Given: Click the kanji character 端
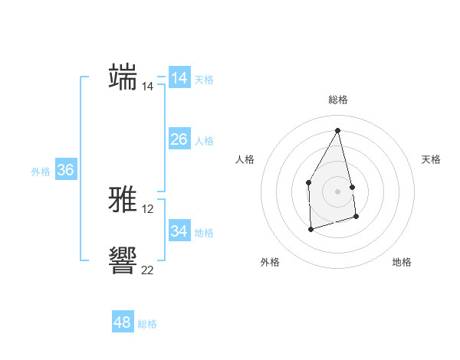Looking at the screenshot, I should click(x=123, y=77).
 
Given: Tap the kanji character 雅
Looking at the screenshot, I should click(x=123, y=201).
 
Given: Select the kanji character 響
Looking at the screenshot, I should click(x=123, y=260).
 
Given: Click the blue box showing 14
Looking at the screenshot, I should click(x=179, y=78).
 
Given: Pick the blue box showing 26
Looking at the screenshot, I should click(x=179, y=139).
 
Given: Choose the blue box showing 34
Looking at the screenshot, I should click(x=179, y=231).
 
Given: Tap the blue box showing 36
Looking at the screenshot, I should click(x=66, y=170).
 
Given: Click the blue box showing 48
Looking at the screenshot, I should click(x=123, y=322).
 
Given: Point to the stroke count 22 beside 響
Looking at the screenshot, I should click(x=148, y=270).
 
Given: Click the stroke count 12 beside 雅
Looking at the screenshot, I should click(x=148, y=209).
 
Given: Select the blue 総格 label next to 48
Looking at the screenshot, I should click(x=147, y=324).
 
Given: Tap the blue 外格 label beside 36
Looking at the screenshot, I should click(x=41, y=172).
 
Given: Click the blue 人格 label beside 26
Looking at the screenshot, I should click(x=204, y=141).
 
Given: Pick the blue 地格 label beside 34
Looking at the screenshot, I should click(x=204, y=233).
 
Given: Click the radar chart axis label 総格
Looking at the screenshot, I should click(x=338, y=100).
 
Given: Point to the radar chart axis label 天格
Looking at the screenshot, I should click(x=431, y=159).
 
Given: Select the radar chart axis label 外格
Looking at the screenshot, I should click(x=270, y=262).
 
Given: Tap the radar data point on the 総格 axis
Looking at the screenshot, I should click(x=338, y=130).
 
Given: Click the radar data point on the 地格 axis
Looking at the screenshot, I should click(x=356, y=217).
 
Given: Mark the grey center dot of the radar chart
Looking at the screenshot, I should click(x=338, y=191).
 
